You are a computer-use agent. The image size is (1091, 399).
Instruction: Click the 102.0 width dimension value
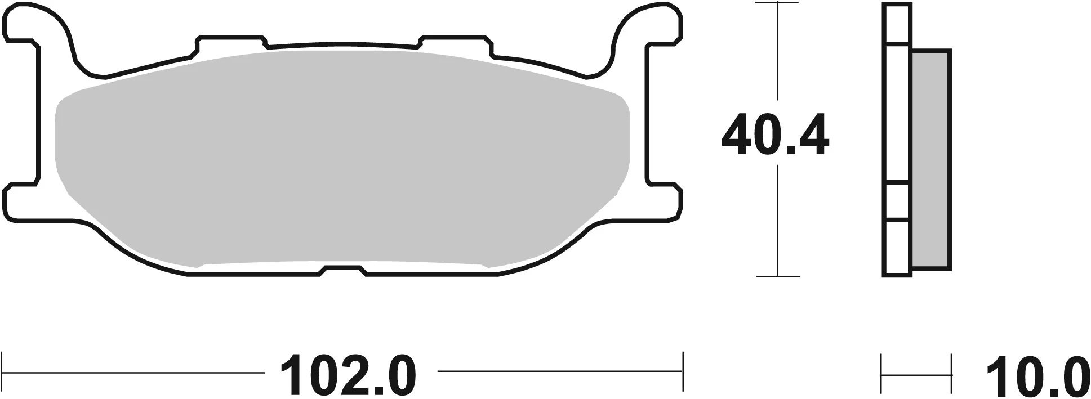pos(348,375)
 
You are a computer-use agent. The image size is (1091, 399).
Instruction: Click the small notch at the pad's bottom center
pos(344,271)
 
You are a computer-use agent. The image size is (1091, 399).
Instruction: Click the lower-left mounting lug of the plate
pos(23,200)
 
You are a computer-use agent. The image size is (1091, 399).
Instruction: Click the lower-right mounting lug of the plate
pos(665,200)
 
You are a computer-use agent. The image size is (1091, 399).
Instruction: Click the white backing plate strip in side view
pos(897,113)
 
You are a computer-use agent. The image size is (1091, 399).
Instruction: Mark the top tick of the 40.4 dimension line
pos(777,3)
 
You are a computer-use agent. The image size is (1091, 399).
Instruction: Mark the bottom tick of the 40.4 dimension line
pos(777,276)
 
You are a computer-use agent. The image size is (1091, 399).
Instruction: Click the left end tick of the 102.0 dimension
pos(3,371)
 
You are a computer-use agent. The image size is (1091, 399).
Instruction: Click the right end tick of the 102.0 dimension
pos(682,371)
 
